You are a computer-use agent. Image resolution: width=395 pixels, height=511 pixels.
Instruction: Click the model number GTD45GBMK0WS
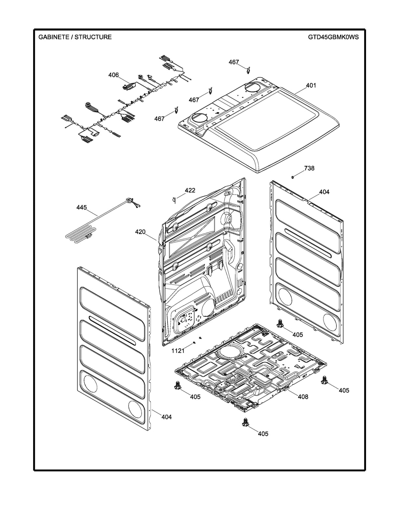pyautogui.click(x=333, y=37)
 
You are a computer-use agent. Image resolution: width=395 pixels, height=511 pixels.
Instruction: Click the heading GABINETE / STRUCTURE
pyautogui.click(x=75, y=37)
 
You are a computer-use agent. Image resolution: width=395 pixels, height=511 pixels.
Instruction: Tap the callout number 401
pyautogui.click(x=311, y=86)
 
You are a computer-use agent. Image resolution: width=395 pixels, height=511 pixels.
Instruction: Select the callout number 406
pyautogui.click(x=113, y=75)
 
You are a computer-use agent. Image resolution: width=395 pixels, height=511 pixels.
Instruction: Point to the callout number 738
pyautogui.click(x=309, y=168)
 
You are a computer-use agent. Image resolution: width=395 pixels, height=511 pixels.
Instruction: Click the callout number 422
pyautogui.click(x=190, y=190)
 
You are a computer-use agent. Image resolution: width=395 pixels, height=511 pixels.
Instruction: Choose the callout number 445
pyautogui.click(x=81, y=207)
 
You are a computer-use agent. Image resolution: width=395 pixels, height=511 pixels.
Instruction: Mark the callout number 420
pyautogui.click(x=140, y=232)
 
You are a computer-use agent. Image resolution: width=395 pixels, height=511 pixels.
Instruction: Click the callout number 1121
pyautogui.click(x=178, y=351)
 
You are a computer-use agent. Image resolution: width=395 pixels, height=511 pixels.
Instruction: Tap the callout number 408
pyautogui.click(x=303, y=397)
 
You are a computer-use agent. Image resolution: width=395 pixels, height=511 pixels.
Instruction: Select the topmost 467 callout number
pyautogui.click(x=234, y=62)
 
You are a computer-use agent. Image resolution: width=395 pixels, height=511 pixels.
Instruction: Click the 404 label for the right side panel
pyautogui.click(x=324, y=192)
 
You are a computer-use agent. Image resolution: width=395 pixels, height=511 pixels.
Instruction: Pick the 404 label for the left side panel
pyautogui.click(x=166, y=417)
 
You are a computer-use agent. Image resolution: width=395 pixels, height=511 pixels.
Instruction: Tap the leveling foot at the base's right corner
pyautogui.click(x=324, y=379)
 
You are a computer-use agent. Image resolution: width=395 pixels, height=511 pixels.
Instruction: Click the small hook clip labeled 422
pyautogui.click(x=174, y=199)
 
